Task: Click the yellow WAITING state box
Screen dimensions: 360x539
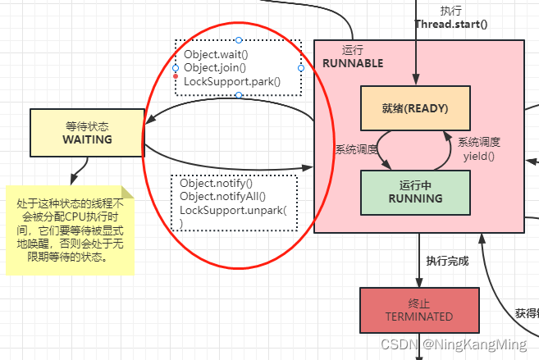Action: tap(86, 133)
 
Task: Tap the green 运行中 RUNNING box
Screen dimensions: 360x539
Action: tap(415, 191)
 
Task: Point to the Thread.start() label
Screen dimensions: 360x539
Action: tap(450, 24)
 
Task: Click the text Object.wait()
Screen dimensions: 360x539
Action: tap(214, 54)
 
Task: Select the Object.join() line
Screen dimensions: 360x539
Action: tap(215, 67)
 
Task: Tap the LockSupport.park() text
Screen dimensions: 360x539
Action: tap(232, 80)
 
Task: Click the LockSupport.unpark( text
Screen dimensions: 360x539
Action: tap(233, 211)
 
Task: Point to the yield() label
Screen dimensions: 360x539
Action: tap(478, 155)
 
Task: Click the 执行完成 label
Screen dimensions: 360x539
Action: tap(447, 261)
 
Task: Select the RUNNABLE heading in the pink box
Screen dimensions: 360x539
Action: tap(353, 63)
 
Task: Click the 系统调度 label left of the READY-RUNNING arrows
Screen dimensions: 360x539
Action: tap(356, 149)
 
